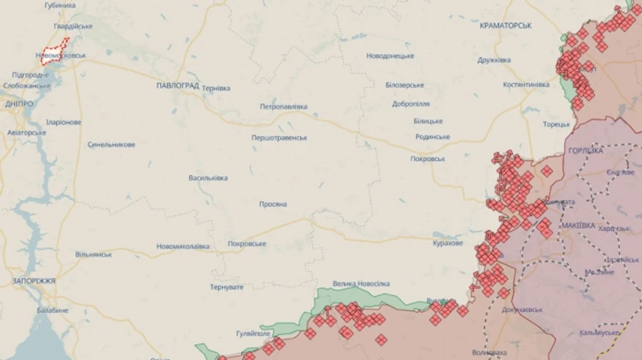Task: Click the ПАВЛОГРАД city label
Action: tap(178, 85)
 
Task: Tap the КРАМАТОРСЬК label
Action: tap(506, 26)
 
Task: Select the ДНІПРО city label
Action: tap(19, 104)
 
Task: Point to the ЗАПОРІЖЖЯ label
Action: tap(34, 281)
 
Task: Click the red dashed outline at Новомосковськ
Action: tap(56, 51)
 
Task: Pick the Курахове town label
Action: tap(448, 243)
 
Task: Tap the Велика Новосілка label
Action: tap(362, 284)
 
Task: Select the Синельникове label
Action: tap(111, 145)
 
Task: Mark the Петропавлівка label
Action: tap(283, 106)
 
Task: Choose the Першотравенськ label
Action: tap(279, 138)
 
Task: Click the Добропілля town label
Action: tap(410, 104)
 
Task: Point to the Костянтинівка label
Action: tap(526, 84)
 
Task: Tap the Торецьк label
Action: tap(556, 124)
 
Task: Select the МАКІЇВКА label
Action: tap(578, 225)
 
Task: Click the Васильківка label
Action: tap(208, 178)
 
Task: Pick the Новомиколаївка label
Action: tap(183, 247)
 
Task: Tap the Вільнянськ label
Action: tap(93, 254)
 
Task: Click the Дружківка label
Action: tap(494, 60)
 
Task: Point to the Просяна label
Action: tap(273, 205)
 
